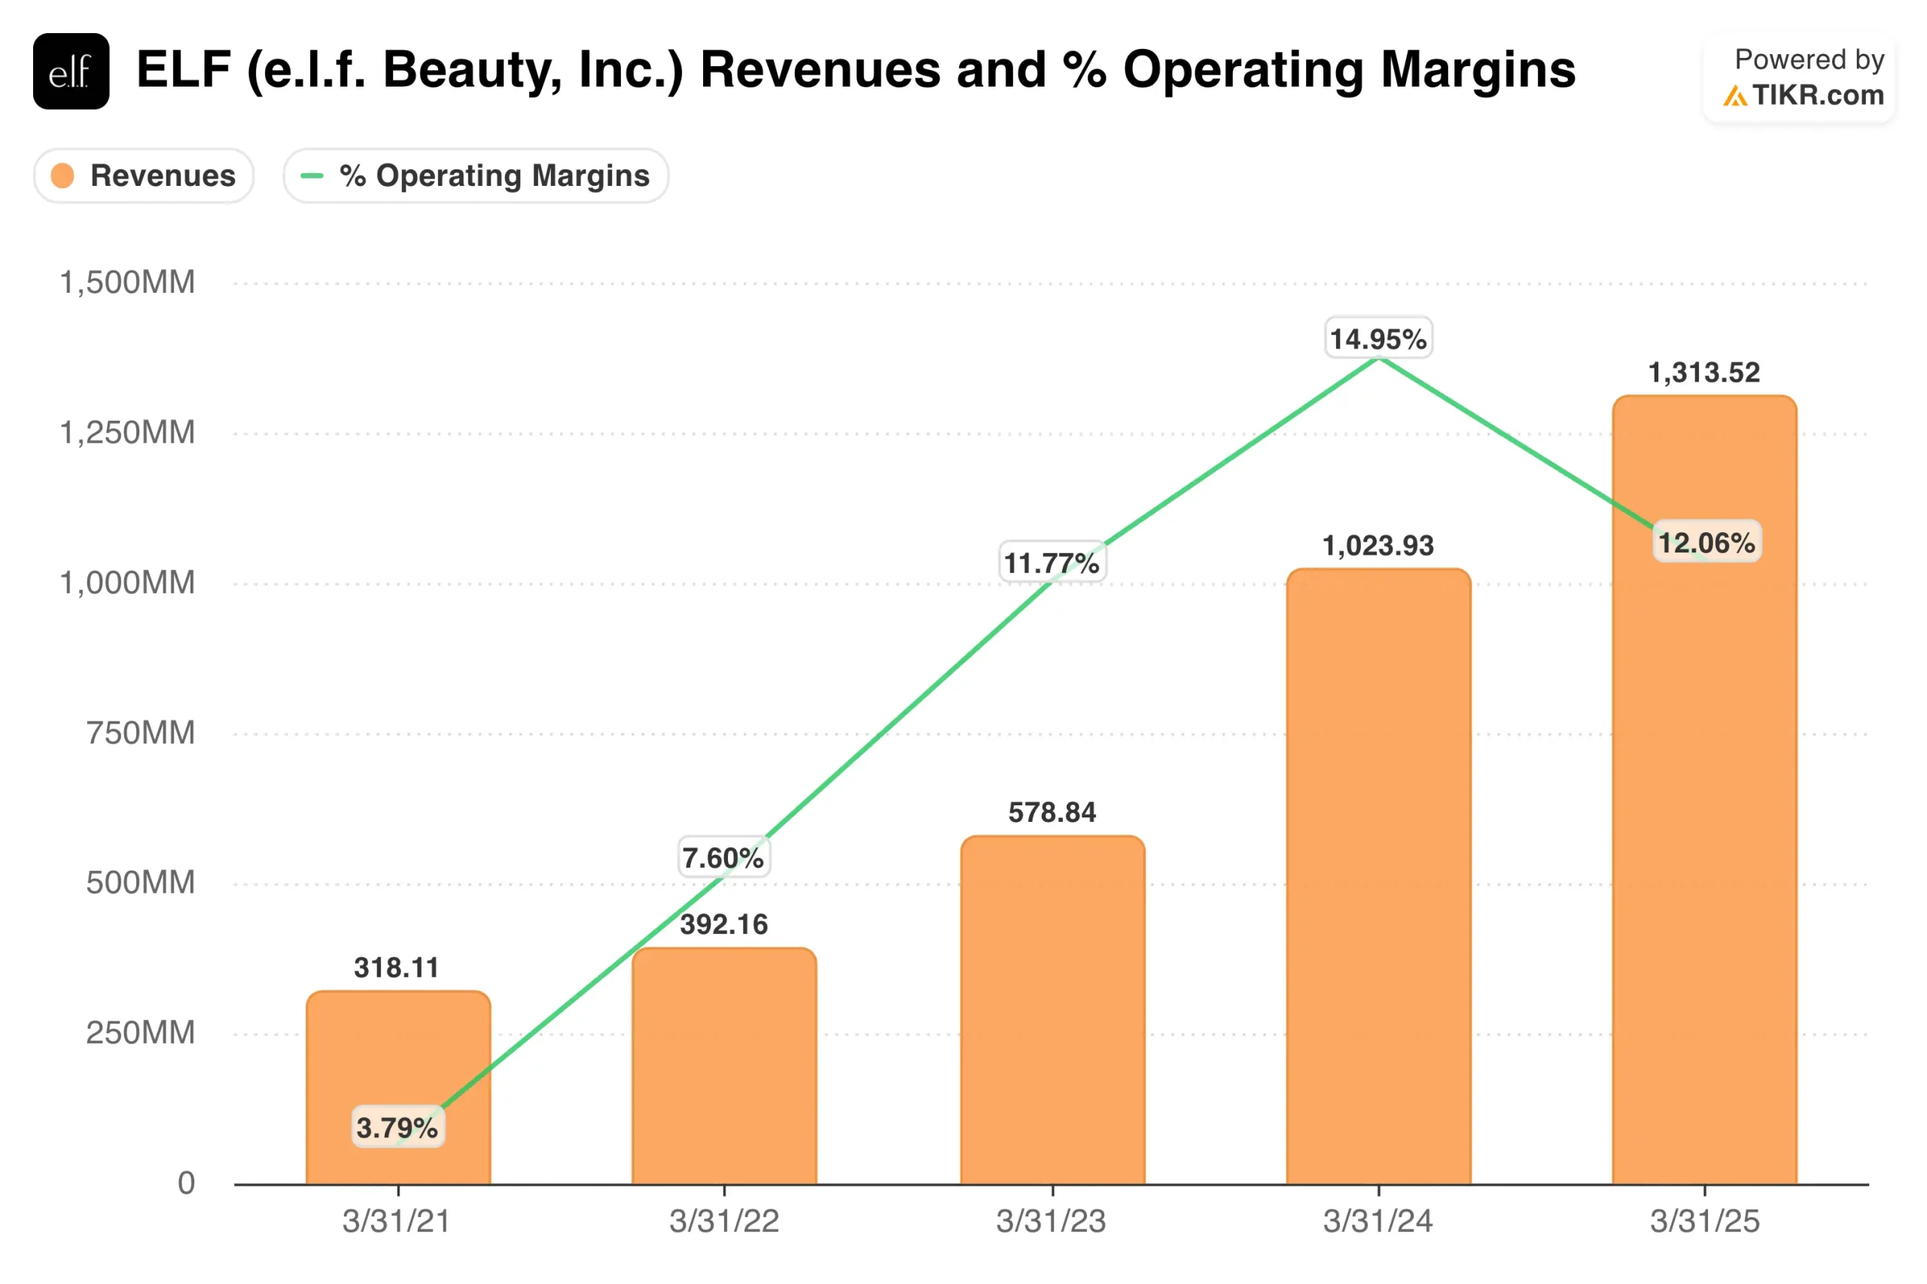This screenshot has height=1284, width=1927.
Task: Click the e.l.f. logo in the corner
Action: (x=72, y=72)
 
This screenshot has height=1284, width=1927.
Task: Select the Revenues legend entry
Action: (x=144, y=175)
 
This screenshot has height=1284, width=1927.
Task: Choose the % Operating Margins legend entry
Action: (x=476, y=175)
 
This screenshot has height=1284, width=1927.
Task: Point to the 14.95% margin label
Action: (x=1378, y=338)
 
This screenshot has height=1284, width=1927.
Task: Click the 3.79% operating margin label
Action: (x=397, y=1127)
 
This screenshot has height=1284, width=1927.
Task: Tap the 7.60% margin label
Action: (x=723, y=858)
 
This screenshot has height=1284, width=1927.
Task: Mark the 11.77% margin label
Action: (x=1052, y=562)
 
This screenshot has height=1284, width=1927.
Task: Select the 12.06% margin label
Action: (x=1706, y=542)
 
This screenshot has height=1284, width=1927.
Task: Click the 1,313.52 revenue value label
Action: (x=1704, y=373)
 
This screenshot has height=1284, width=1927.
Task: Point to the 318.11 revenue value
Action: (x=397, y=968)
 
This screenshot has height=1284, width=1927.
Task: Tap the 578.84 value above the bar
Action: (x=1052, y=812)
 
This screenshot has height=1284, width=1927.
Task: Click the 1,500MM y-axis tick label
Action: (x=128, y=282)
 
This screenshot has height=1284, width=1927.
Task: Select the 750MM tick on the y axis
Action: (x=141, y=733)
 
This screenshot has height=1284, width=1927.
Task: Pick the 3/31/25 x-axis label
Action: (x=1704, y=1221)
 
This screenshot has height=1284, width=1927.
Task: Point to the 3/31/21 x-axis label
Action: (x=397, y=1221)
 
